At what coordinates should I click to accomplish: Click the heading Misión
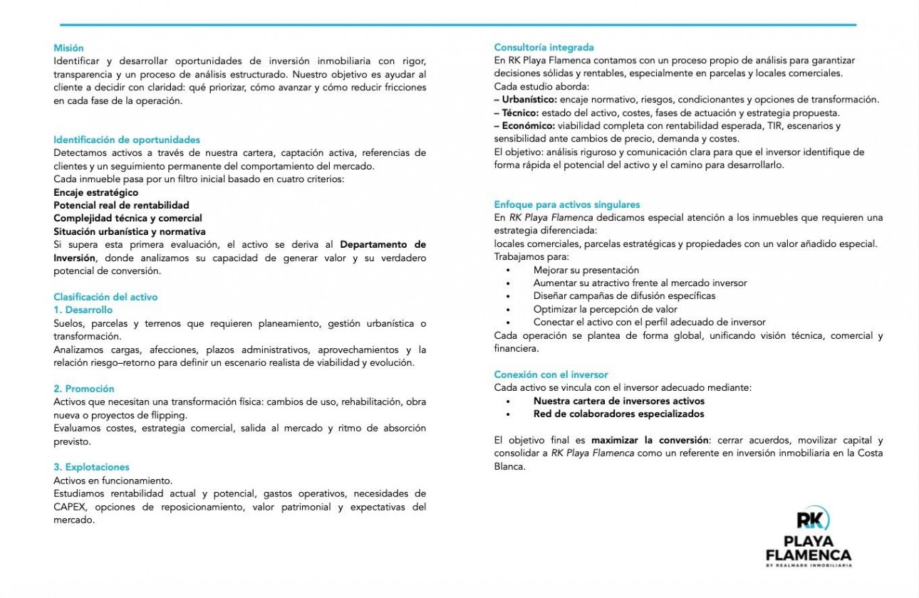pyautogui.click(x=68, y=48)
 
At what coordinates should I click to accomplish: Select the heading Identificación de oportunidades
pyautogui.click(x=127, y=140)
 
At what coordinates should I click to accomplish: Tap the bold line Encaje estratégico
pyautogui.click(x=96, y=192)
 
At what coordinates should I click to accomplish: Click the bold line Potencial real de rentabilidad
pyautogui.click(x=121, y=205)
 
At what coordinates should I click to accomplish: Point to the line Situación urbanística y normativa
pyautogui.click(x=130, y=231)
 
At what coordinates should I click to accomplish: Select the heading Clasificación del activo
pyautogui.click(x=105, y=297)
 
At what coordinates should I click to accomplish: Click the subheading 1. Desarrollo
pyautogui.click(x=83, y=310)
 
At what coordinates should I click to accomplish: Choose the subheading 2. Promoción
pyautogui.click(x=83, y=389)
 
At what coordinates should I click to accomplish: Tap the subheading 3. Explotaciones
pyautogui.click(x=91, y=467)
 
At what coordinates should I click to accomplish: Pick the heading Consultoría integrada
pyautogui.click(x=544, y=48)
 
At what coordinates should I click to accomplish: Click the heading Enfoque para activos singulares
pyautogui.click(x=567, y=204)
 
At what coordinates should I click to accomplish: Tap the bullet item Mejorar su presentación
pyautogui.click(x=586, y=271)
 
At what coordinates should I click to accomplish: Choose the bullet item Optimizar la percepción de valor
pyautogui.click(x=605, y=309)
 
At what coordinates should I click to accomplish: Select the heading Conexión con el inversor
pyautogui.click(x=551, y=374)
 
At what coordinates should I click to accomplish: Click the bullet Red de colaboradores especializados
pyautogui.click(x=618, y=414)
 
